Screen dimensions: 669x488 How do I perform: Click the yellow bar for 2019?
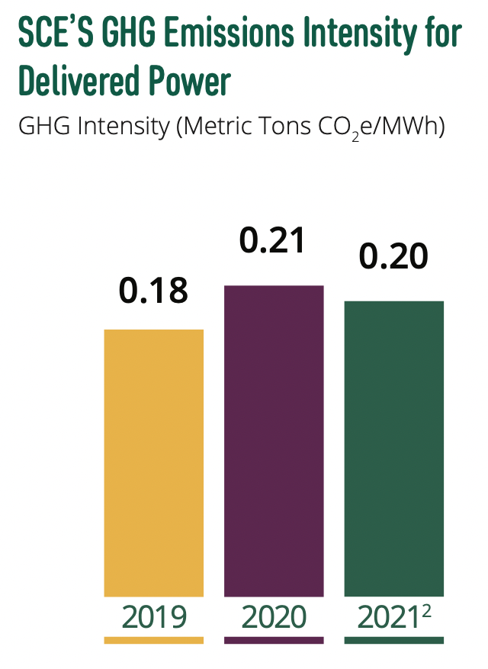pos(153,462)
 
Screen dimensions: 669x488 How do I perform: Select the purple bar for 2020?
pos(274,440)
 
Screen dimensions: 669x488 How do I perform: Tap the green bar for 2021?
pos(394,449)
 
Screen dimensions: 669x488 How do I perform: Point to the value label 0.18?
pos(153,292)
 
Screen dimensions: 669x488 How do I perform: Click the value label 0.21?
pos(272,240)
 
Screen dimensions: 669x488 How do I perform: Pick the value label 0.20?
pos(393,258)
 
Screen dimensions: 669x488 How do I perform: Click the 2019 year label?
pos(153,616)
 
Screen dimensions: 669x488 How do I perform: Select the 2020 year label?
pos(274,616)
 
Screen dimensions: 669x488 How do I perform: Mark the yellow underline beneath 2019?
pos(153,640)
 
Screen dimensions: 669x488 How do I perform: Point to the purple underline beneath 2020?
pos(274,640)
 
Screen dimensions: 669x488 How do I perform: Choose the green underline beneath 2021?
pos(394,640)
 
